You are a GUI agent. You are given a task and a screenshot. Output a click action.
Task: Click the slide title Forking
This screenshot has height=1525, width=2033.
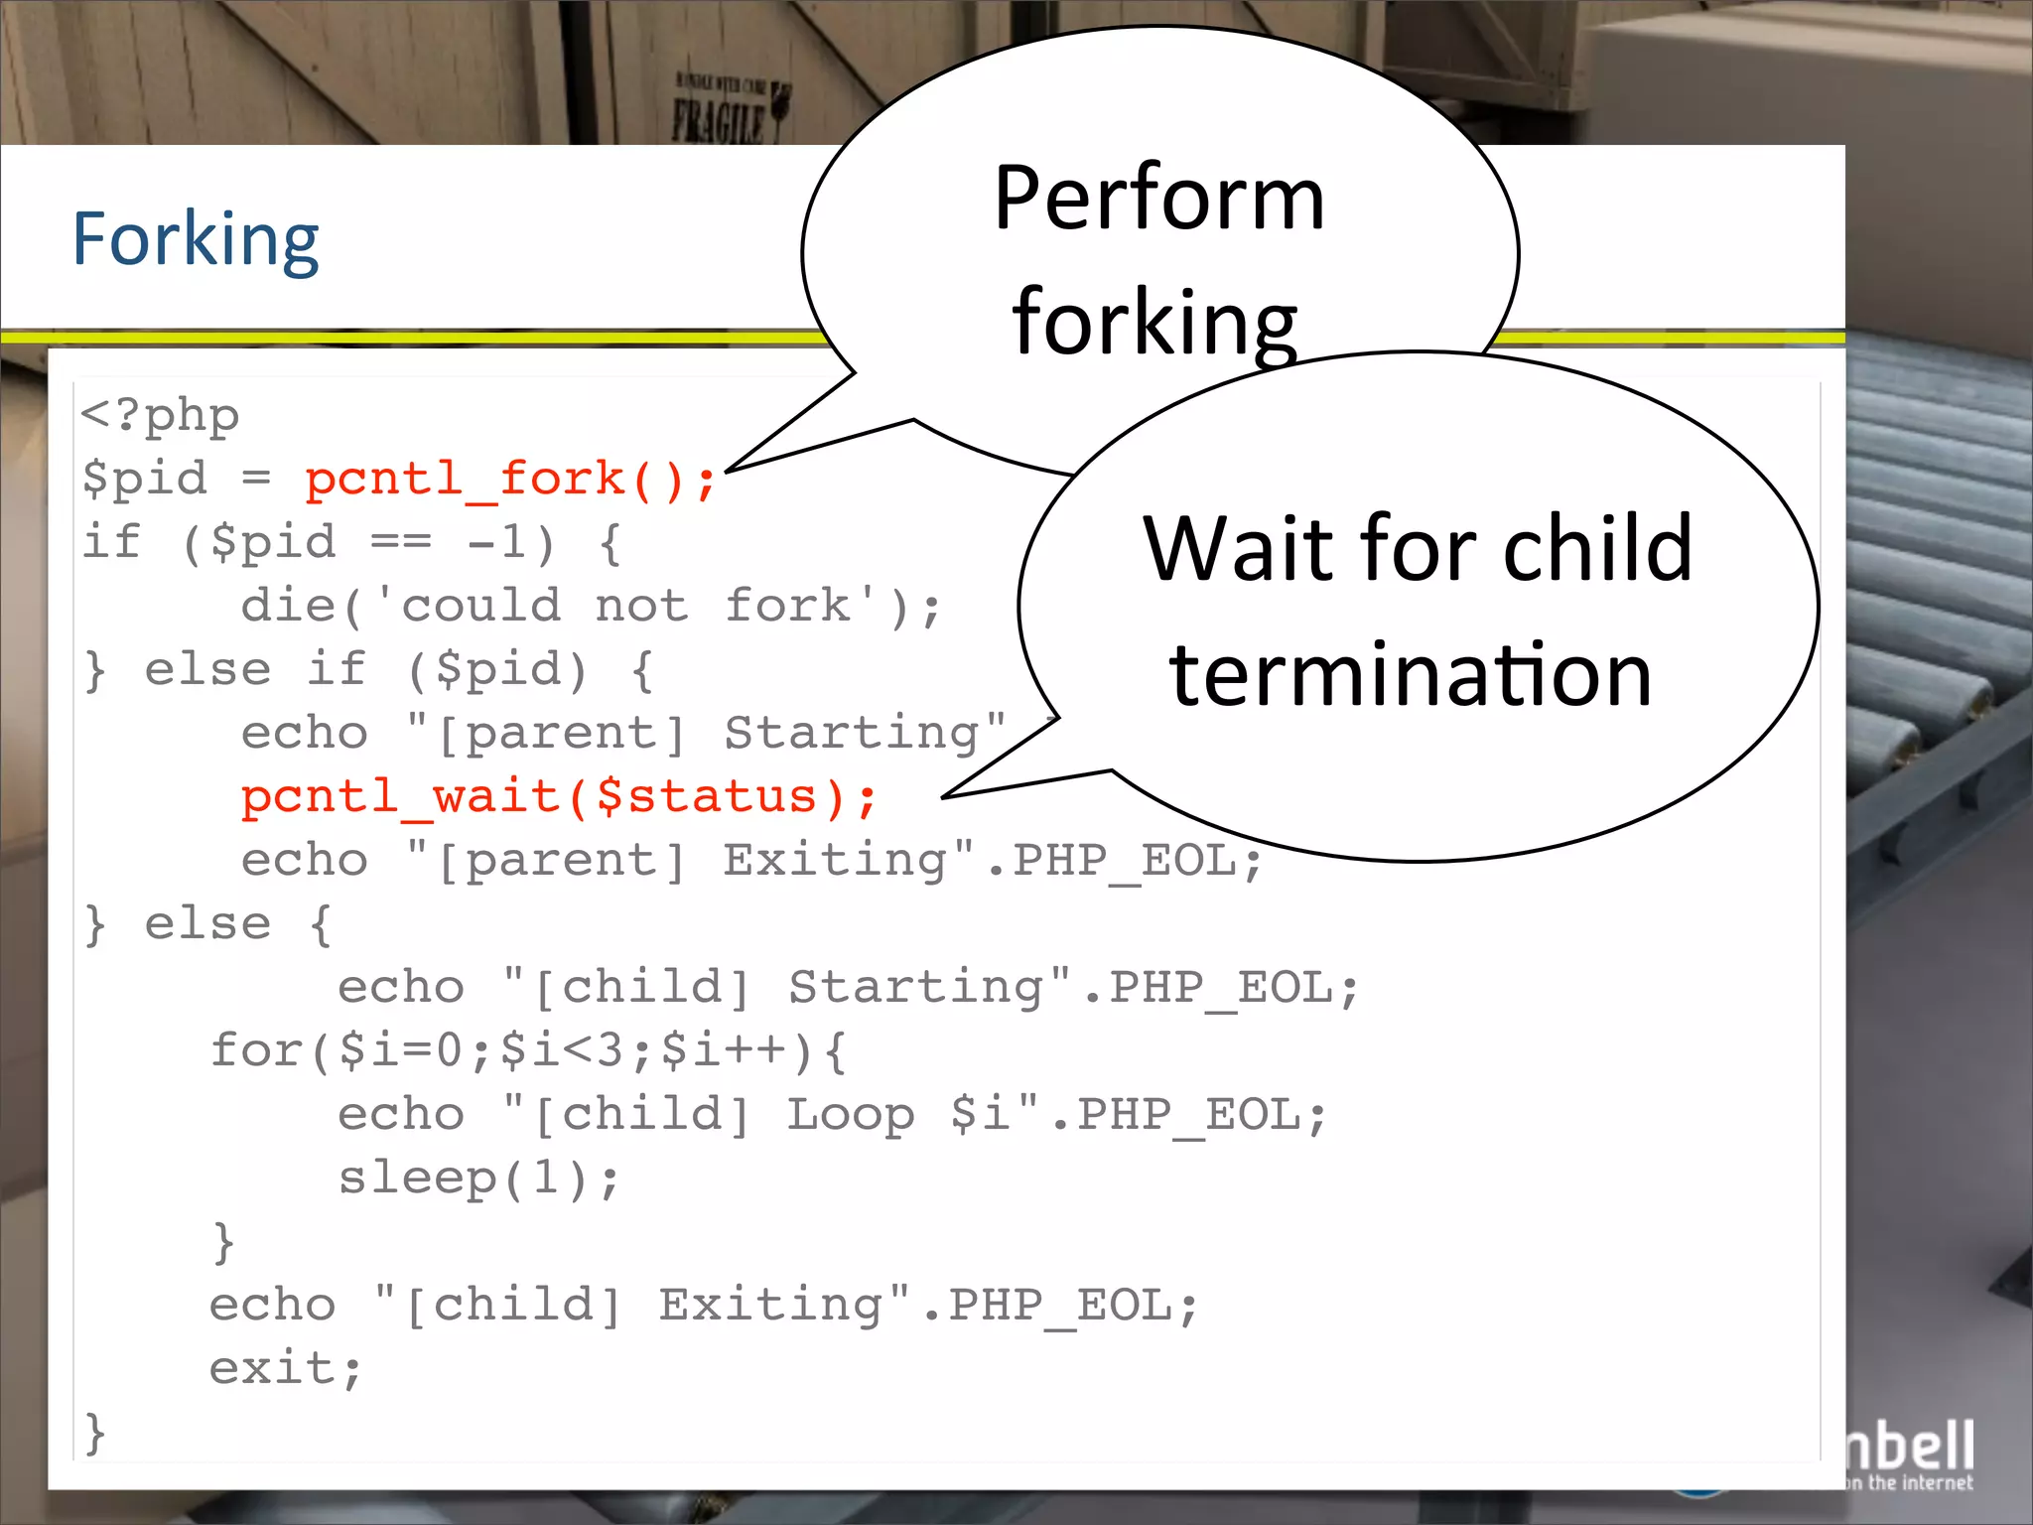coord(196,240)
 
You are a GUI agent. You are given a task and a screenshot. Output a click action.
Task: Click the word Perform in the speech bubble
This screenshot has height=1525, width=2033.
coord(1158,199)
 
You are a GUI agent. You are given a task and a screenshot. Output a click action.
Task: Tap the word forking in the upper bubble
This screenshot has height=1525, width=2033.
coord(1154,322)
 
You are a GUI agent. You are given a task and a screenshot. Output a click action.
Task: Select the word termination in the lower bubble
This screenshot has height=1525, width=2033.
coord(1410,675)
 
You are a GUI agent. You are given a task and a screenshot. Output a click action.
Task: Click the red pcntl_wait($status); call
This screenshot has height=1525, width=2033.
coord(559,797)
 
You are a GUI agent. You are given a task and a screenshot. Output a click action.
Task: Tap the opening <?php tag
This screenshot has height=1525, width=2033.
coord(160,415)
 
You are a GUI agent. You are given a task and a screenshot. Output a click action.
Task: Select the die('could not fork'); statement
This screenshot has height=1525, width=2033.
coord(591,606)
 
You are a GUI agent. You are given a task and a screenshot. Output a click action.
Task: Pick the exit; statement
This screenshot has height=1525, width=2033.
coord(285,1369)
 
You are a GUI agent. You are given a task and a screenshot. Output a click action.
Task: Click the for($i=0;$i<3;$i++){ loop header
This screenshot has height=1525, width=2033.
coord(528,1050)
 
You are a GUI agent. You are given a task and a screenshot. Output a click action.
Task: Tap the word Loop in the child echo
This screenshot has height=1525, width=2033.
coord(850,1114)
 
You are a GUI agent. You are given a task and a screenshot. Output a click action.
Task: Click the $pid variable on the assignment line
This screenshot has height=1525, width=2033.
coord(145,479)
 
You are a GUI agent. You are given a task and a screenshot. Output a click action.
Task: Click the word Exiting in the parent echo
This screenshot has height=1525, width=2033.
coord(835,860)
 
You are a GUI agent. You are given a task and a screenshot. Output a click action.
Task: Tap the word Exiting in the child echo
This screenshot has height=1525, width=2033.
coord(770,1305)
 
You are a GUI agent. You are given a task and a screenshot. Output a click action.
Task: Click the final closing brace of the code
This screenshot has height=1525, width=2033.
coord(95,1433)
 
